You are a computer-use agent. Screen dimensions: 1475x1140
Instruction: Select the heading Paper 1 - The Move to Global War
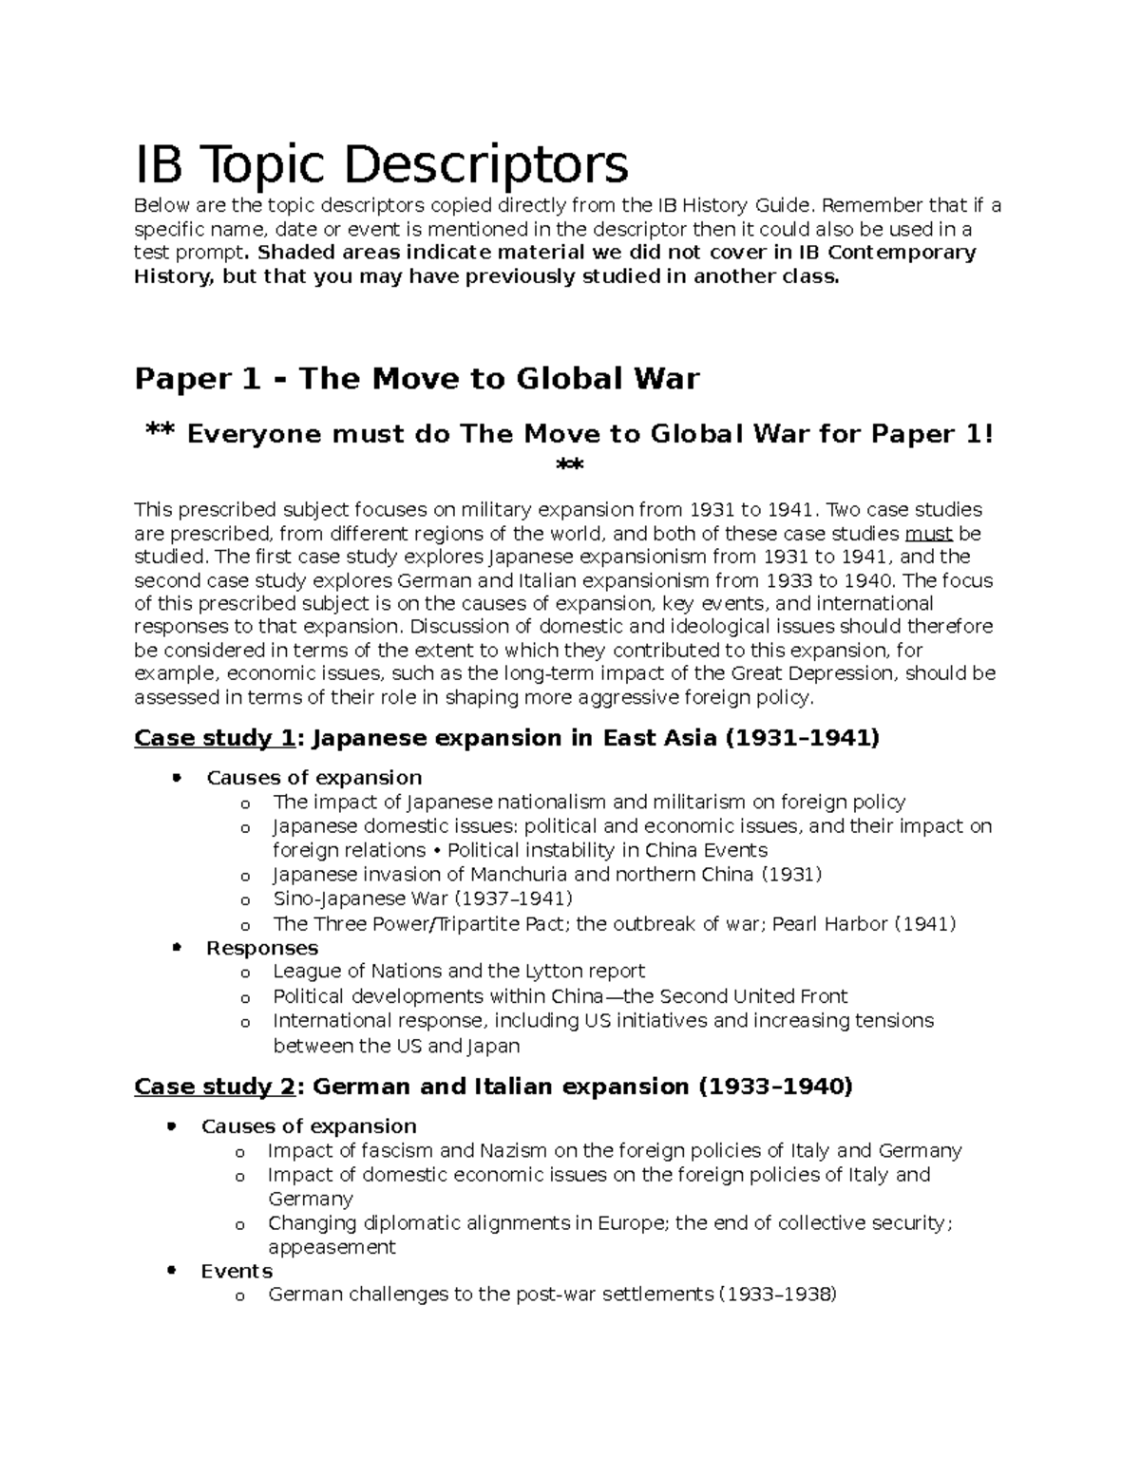coord(416,379)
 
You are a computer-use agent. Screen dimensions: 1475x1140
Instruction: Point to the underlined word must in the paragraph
coord(929,534)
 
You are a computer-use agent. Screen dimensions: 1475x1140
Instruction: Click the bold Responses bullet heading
coord(262,948)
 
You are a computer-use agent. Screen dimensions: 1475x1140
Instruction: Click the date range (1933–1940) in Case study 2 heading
coord(775,1086)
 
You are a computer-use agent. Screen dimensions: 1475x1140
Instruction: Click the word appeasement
coord(332,1247)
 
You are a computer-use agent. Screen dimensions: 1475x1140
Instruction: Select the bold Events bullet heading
coord(237,1271)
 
